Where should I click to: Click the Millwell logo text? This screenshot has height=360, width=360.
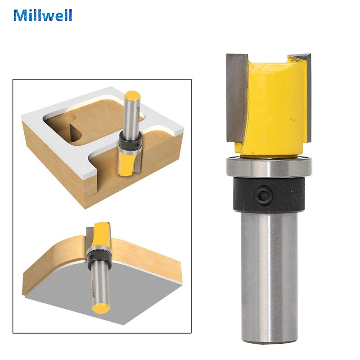43,15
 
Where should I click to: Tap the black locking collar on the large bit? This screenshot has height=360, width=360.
269,194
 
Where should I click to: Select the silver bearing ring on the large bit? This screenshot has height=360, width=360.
269,167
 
